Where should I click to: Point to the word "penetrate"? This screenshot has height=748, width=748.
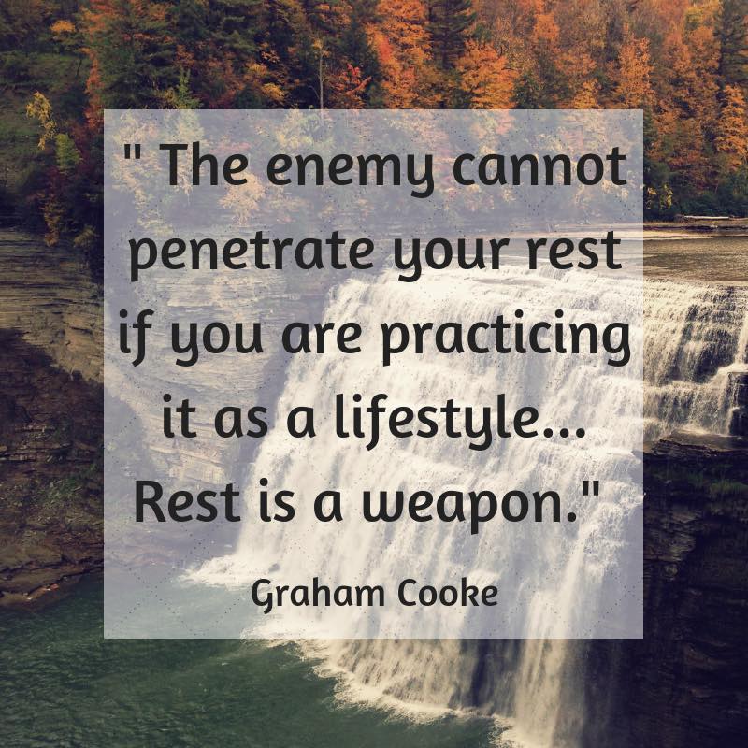click(x=252, y=253)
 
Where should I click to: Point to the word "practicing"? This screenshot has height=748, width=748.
click(x=506, y=338)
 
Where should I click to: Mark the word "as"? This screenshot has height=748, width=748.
click(x=240, y=424)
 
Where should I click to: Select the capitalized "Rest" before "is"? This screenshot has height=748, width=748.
click(x=187, y=502)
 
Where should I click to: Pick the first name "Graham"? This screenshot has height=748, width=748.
click(x=317, y=597)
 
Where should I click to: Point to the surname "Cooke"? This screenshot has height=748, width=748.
click(x=448, y=595)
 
